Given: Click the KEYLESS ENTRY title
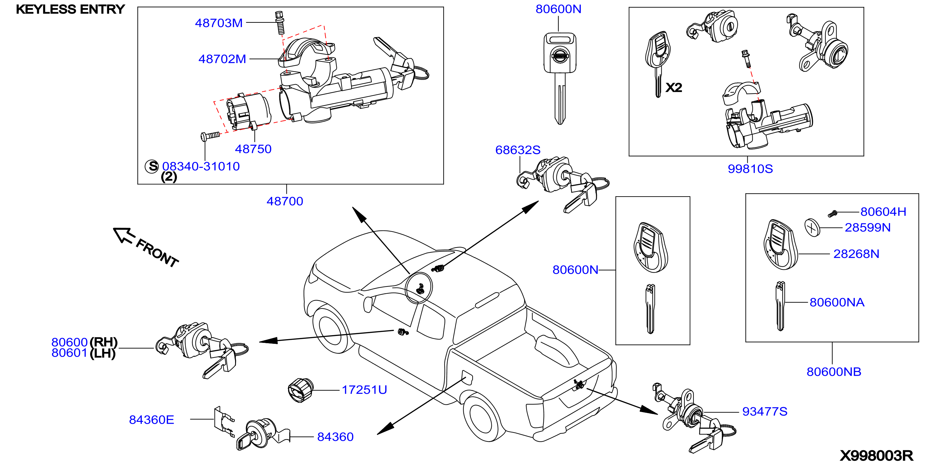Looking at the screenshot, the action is tap(70, 9).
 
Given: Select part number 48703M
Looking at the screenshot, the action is tap(219, 23).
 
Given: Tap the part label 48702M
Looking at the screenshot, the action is tap(222, 59).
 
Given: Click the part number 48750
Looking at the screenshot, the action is tap(253, 149).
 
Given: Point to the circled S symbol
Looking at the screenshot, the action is tap(152, 166).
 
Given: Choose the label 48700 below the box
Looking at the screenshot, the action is tap(285, 201).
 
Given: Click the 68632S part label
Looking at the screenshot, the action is tap(518, 150).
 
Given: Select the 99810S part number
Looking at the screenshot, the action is tap(750, 168).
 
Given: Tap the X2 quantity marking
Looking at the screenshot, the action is tap(674, 88).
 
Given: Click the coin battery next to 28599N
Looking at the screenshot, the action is tap(812, 227).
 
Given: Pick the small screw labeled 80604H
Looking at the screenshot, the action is tap(832, 214).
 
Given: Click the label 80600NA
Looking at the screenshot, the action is tap(837, 302).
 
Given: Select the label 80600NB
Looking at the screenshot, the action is tap(834, 372).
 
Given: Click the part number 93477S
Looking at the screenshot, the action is tap(765, 411).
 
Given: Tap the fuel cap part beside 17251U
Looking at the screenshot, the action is tap(300, 390).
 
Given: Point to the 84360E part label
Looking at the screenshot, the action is tap(152, 420).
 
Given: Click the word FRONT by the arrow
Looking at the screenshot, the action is tap(157, 253).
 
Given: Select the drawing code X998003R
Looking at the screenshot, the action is tap(876, 455).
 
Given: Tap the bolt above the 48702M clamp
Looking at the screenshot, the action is tap(280, 22).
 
